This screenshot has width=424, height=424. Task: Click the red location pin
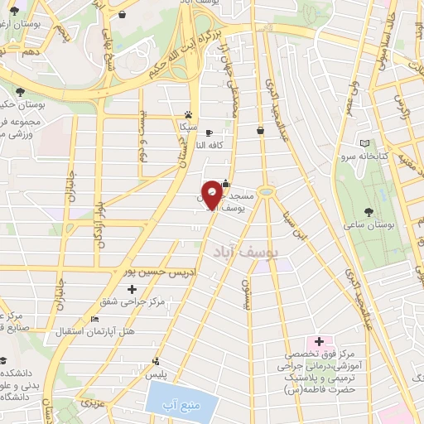point(213,194)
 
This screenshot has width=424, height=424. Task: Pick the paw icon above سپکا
point(190,114)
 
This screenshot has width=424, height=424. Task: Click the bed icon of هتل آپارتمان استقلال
point(94,319)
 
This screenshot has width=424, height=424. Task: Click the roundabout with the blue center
point(267,192)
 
